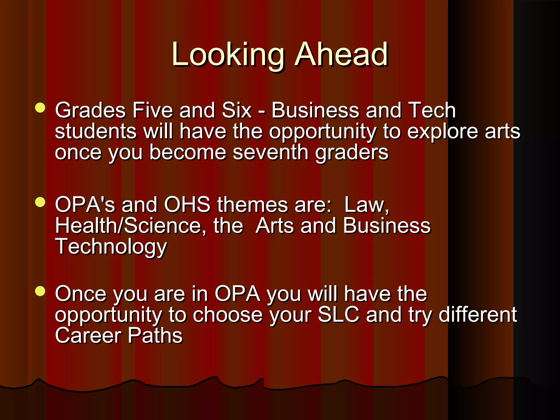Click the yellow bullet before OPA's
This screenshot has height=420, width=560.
(x=40, y=202)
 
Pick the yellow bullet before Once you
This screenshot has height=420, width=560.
(x=40, y=291)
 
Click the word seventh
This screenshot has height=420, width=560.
(x=270, y=152)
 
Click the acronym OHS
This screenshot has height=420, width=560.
(x=187, y=205)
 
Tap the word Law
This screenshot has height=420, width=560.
(x=366, y=205)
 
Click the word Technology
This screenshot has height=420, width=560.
(x=111, y=247)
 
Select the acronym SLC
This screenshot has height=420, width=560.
(x=339, y=315)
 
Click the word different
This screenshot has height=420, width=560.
(x=478, y=315)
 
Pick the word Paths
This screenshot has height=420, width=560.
(x=155, y=336)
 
